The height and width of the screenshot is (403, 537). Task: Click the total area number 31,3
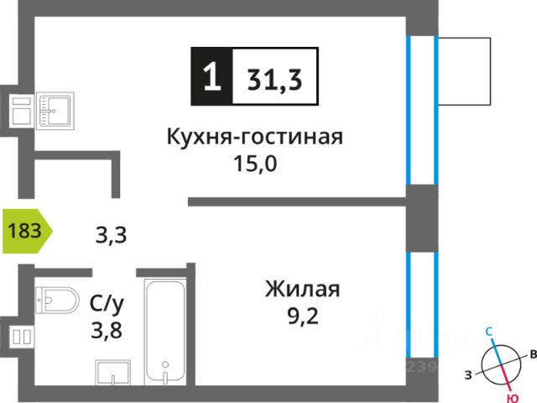274,77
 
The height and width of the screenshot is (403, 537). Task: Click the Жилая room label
302,290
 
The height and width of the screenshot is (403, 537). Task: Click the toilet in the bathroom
56,299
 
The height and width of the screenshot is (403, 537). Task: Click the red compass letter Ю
512,397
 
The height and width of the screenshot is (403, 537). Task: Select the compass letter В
532,356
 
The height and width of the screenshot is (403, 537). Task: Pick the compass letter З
468,374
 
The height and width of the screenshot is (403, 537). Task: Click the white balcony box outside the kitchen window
463,71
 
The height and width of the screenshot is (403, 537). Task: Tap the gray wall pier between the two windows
422,219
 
